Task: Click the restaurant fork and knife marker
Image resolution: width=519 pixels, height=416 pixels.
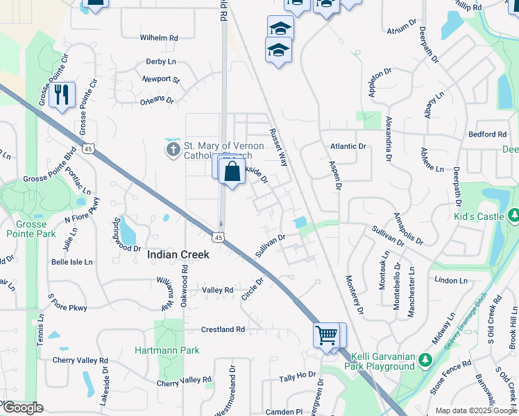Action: pyautogui.click(x=62, y=95)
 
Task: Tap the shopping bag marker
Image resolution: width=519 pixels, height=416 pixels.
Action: pyautogui.click(x=232, y=171)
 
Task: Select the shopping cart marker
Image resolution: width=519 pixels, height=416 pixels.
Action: pyautogui.click(x=325, y=336)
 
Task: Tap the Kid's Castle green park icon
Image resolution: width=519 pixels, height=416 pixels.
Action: pyautogui.click(x=513, y=216)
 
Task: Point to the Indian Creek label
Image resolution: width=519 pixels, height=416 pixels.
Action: pyautogui.click(x=178, y=255)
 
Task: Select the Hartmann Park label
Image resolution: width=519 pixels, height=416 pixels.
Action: pyautogui.click(x=167, y=350)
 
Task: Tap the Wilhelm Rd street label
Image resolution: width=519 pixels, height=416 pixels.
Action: pyautogui.click(x=159, y=37)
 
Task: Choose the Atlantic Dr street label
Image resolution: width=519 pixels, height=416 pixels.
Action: pyautogui.click(x=348, y=146)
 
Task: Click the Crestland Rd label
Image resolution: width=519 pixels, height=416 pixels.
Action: pyautogui.click(x=223, y=329)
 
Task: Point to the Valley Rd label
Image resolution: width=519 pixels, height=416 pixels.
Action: pyautogui.click(x=217, y=290)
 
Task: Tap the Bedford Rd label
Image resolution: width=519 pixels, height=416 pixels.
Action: pyautogui.click(x=487, y=134)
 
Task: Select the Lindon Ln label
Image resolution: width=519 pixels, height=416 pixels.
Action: pyautogui.click(x=451, y=280)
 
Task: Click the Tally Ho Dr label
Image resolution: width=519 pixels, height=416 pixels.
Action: pyautogui.click(x=297, y=377)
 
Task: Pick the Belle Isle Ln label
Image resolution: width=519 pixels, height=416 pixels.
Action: pyautogui.click(x=72, y=262)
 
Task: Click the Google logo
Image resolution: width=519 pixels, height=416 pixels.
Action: pyautogui.click(x=23, y=408)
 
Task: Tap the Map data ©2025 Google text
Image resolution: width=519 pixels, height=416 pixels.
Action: pyautogui.click(x=477, y=410)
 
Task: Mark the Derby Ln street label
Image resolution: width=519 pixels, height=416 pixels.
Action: pyautogui.click(x=160, y=61)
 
